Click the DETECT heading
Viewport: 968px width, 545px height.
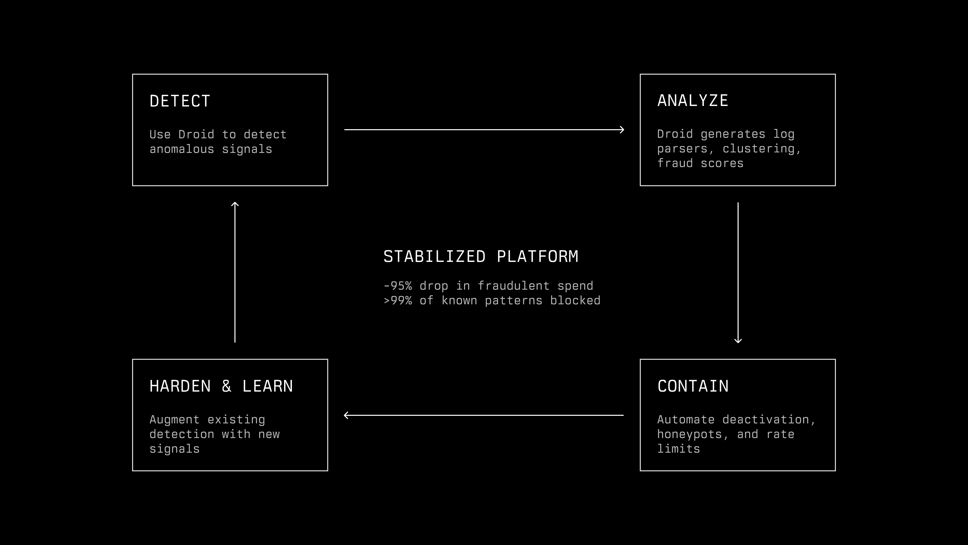coord(180,101)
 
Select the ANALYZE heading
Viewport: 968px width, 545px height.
coord(692,101)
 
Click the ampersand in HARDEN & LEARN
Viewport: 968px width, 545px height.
coord(226,386)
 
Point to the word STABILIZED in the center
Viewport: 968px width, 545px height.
coord(434,257)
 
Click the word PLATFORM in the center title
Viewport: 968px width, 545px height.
coord(537,257)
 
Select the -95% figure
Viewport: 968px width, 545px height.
coord(398,286)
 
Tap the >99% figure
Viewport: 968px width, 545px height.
coord(398,301)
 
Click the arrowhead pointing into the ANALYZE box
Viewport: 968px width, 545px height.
coord(622,130)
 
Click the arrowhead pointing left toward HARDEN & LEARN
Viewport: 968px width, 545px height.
coord(346,415)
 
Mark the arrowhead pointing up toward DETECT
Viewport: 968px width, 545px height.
coord(235,204)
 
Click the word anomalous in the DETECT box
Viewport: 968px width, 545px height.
coord(182,149)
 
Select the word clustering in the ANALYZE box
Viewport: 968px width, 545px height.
coord(762,149)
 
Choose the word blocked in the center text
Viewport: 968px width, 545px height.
coord(575,301)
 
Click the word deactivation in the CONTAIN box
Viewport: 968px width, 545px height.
coord(768,420)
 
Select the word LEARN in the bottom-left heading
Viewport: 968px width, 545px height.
coord(267,386)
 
